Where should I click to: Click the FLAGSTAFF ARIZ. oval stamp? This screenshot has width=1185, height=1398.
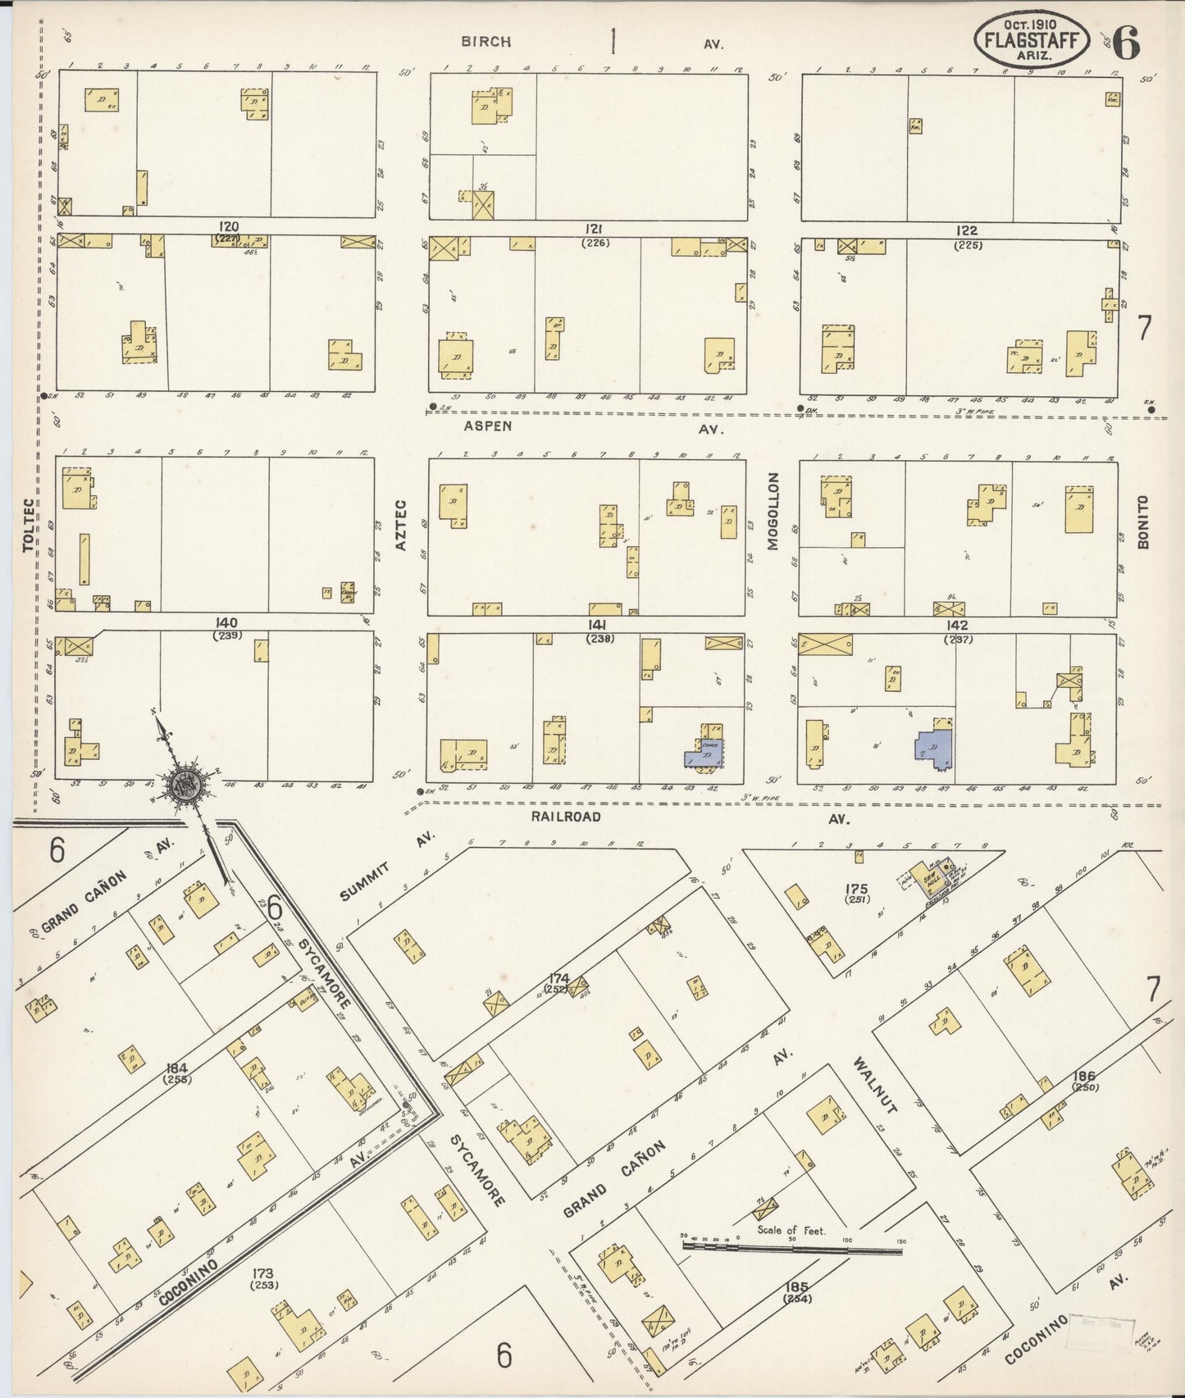coord(1032,39)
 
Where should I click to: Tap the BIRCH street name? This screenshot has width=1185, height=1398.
coord(485,42)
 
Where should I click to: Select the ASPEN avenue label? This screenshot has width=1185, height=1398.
coord(488,426)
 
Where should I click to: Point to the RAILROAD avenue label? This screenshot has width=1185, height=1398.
coord(566,817)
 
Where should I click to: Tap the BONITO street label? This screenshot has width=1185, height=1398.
coord(1143,521)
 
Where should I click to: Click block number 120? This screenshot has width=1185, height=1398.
coord(228,225)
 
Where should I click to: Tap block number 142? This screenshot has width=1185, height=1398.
coord(956,626)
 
